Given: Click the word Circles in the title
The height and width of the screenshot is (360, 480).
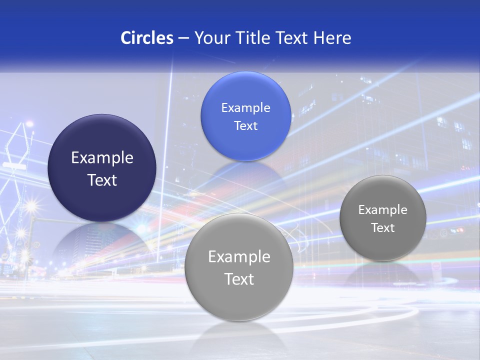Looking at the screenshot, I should click(x=146, y=38).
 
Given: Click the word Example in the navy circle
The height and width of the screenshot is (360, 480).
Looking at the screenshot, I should click(x=102, y=158).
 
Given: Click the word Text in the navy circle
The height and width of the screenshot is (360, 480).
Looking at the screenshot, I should click(x=102, y=180).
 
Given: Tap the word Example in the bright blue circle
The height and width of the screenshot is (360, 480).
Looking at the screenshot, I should click(x=245, y=108).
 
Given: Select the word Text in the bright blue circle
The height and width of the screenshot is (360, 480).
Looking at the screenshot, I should click(x=245, y=126).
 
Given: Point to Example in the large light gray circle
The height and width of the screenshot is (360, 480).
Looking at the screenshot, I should click(x=239, y=257).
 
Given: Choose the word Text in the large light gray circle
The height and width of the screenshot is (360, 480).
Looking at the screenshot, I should click(x=239, y=279).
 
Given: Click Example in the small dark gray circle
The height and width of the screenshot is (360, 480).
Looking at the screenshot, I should click(x=383, y=210).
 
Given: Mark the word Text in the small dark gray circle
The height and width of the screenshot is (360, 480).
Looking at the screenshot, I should click(x=383, y=228).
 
